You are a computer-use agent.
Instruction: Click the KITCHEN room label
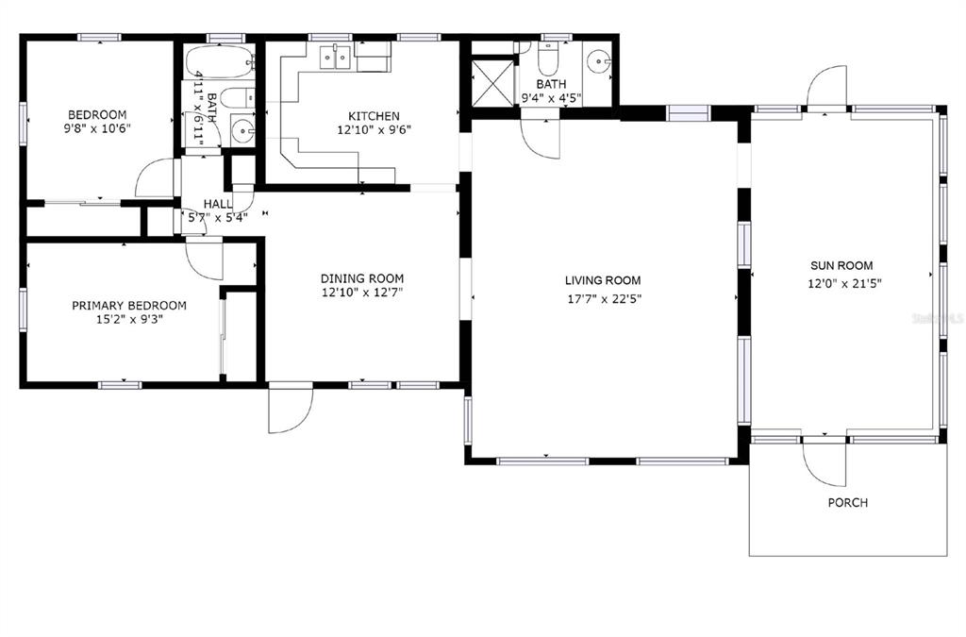point(374,116)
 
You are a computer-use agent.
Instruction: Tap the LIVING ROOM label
point(603,280)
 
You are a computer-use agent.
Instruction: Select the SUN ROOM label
point(841,265)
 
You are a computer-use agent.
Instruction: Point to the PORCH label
point(848,503)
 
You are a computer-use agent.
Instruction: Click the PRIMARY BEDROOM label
point(129,306)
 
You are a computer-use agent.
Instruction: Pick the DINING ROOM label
point(362,278)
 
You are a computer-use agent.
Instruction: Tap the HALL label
point(218,203)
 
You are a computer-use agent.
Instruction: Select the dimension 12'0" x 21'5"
point(844,283)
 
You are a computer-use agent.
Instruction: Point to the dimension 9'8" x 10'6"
point(97,128)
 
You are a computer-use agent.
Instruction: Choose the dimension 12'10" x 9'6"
point(374,130)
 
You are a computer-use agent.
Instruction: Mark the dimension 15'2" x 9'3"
point(129,319)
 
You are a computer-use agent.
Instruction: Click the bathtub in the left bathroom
point(220,61)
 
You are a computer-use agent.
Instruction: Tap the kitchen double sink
point(335,58)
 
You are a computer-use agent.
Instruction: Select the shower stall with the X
point(491,81)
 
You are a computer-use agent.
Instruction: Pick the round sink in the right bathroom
point(597,61)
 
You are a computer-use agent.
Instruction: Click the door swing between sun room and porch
point(824,463)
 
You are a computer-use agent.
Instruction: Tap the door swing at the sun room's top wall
point(826,86)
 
